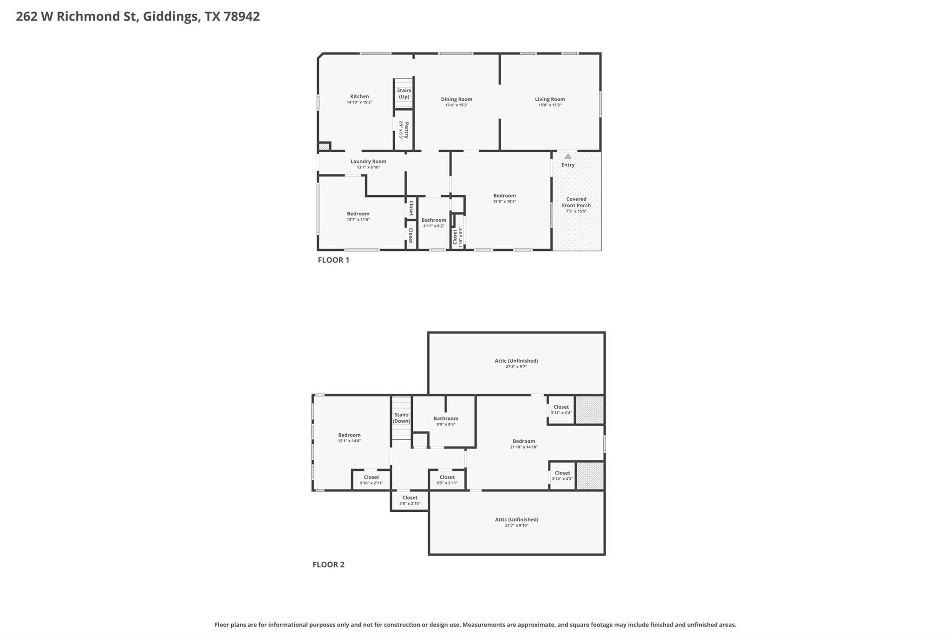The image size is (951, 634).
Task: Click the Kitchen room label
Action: pyautogui.click(x=359, y=97)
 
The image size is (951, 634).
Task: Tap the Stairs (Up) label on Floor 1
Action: pyautogui.click(x=404, y=93)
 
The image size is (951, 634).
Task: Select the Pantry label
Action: pyautogui.click(x=406, y=131)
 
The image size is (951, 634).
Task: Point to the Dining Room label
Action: pyautogui.click(x=456, y=99)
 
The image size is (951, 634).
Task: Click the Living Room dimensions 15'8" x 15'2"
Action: pyautogui.click(x=550, y=105)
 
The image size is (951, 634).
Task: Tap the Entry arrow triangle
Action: pyautogui.click(x=568, y=157)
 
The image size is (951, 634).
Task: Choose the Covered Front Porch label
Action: pyautogui.click(x=576, y=202)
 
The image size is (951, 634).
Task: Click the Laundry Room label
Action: pyautogui.click(x=368, y=161)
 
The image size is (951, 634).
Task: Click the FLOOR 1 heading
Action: pyautogui.click(x=333, y=260)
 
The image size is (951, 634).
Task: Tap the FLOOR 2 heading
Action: pyautogui.click(x=328, y=565)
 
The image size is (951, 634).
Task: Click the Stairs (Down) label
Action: pyautogui.click(x=401, y=418)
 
